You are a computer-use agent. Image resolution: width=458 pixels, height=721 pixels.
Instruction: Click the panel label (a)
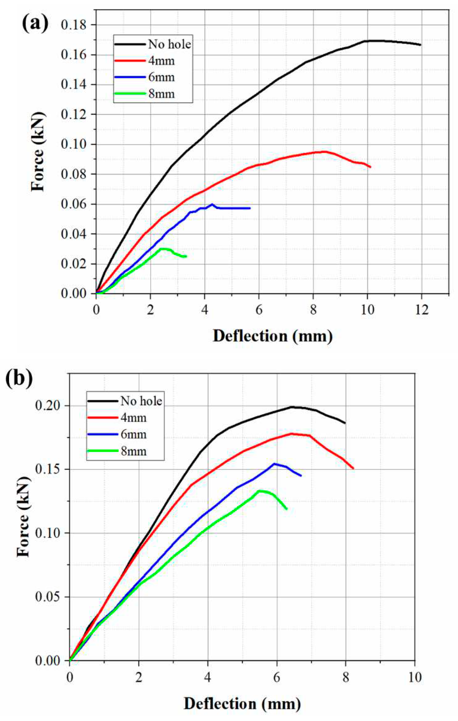(35, 24)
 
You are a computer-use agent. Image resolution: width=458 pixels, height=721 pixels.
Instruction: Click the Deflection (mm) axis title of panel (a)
(273, 336)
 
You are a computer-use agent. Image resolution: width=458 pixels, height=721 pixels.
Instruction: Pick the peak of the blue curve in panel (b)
(274, 464)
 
